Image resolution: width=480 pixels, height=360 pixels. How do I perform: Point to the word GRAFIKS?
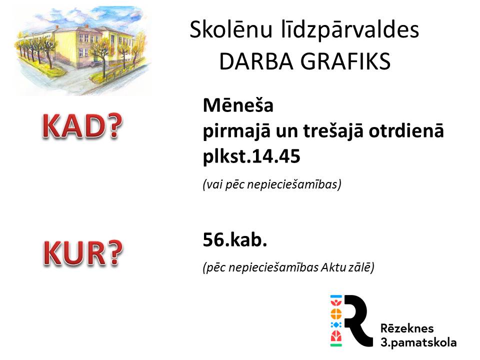(x=345, y=61)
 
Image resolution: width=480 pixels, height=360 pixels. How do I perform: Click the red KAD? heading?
(x=82, y=126)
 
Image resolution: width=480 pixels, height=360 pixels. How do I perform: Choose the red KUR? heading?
(x=82, y=252)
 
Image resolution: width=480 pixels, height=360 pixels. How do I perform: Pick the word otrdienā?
(x=406, y=130)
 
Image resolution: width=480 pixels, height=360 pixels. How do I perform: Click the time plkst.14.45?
(x=251, y=157)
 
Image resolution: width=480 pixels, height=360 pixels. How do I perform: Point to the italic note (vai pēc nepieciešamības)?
(x=272, y=184)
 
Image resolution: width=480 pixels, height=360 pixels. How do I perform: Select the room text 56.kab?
(x=235, y=239)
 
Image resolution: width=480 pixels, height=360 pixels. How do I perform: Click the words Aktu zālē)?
(x=347, y=267)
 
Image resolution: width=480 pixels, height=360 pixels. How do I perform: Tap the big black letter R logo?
(x=358, y=320)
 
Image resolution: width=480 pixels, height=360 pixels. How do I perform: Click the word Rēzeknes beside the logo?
(x=407, y=328)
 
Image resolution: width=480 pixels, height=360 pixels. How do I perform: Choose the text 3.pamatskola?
(x=418, y=342)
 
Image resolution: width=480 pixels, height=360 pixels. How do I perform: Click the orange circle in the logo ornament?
(x=336, y=314)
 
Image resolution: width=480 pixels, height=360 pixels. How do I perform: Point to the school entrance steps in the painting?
(x=94, y=64)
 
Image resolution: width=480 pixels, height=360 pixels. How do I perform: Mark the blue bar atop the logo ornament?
(x=336, y=296)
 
